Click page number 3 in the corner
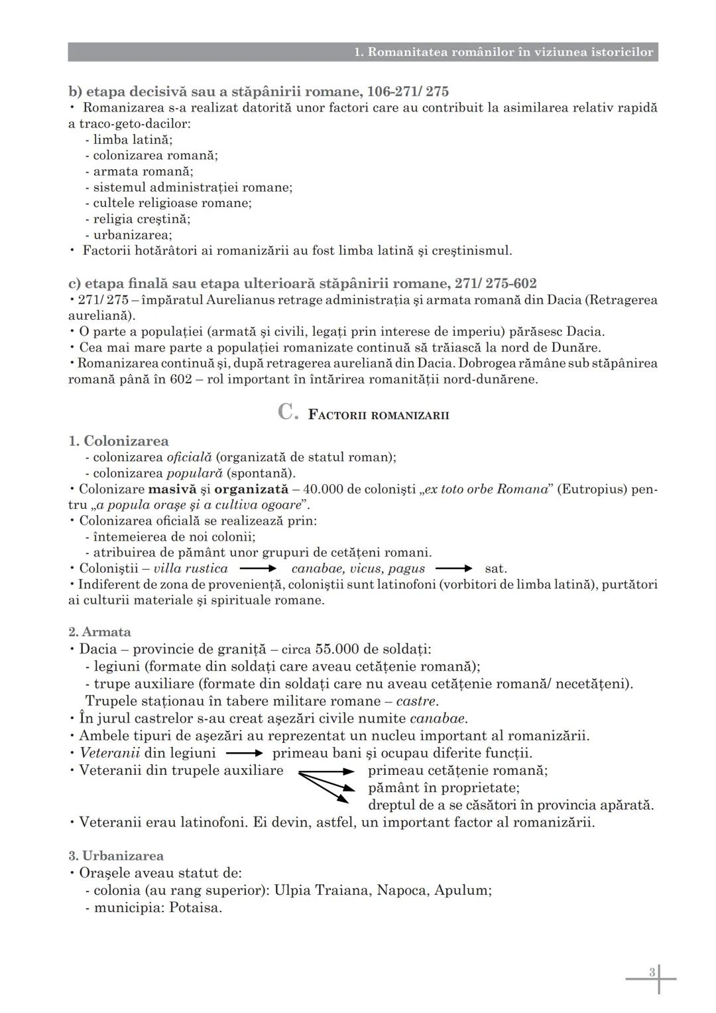(652, 973)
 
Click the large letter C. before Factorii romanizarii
(288, 413)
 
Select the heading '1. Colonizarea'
(119, 441)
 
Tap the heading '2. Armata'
(99, 632)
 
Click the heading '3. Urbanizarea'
(116, 856)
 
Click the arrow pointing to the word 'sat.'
(454, 569)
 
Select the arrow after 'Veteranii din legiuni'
(244, 754)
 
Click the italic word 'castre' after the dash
(416, 701)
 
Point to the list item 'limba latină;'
(133, 139)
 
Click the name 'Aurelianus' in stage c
(237, 300)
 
